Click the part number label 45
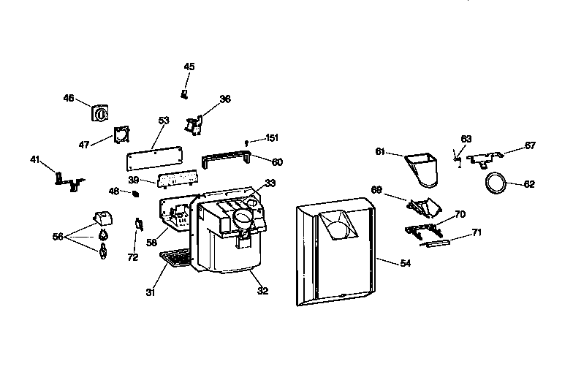pos(189,67)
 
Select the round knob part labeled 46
pos(100,114)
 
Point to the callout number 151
pos(272,138)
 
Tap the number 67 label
pos(530,146)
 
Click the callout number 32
pos(262,291)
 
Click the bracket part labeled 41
pos(68,179)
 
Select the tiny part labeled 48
pos(134,193)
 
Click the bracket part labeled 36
pos(194,126)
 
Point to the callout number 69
pos(376,190)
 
